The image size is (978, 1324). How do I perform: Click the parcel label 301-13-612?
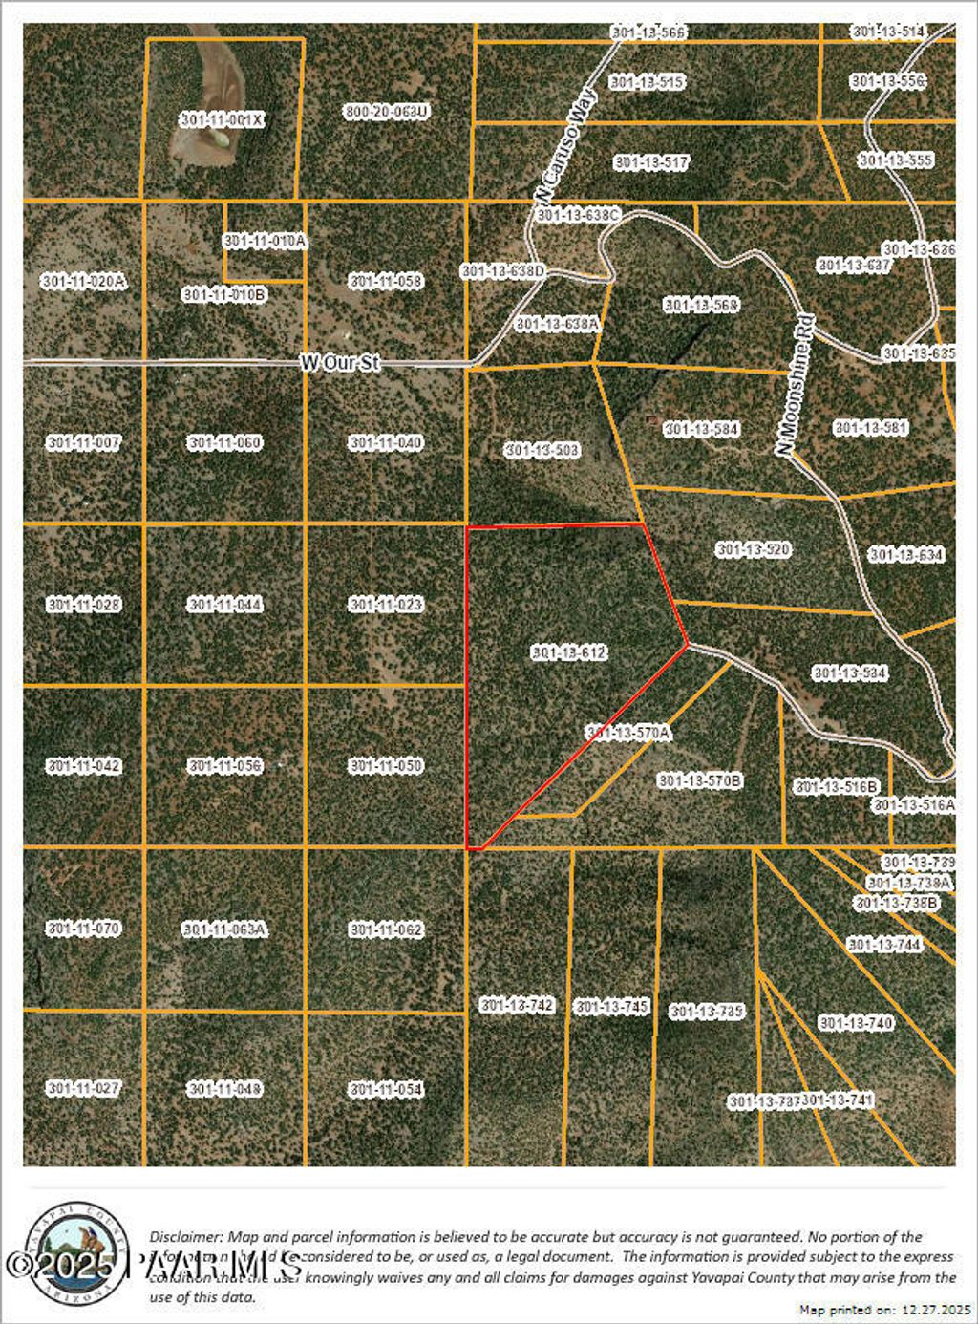coord(568,652)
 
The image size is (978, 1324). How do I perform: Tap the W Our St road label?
coord(340,363)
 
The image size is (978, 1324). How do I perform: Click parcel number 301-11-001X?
coord(222,120)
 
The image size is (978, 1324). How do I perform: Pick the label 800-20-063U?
coord(386,112)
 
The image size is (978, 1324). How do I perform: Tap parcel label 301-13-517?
coord(651,162)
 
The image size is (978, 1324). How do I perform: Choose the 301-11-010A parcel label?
coord(265,242)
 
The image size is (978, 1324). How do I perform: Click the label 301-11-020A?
coord(83,282)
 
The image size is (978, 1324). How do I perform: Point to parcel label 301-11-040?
coord(386,443)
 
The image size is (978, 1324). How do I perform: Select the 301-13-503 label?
coord(542,450)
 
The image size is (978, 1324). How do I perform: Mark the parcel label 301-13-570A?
coord(628,733)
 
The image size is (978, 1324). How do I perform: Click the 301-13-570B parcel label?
coord(700,780)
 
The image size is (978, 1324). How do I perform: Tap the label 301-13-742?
coord(517,1005)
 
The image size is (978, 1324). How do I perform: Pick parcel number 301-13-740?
coord(856,1023)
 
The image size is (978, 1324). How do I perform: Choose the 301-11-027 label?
coord(83,1088)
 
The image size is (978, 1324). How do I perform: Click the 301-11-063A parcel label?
coord(224,929)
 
